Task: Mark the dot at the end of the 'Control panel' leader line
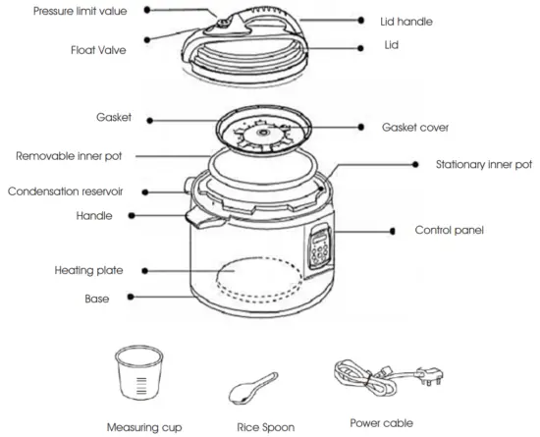tap(392, 231)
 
